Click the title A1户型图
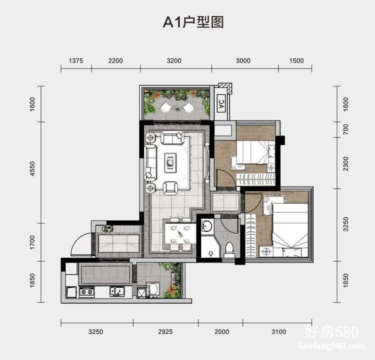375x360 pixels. pos(193,23)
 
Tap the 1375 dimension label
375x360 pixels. pos(76,61)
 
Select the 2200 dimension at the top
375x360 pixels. pos(116,61)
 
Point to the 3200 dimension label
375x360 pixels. pos(174,61)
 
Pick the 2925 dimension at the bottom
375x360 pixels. pos(165,332)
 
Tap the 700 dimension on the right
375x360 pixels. pos(346,130)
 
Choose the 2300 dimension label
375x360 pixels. pos(346,164)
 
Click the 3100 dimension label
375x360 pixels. pos(278,332)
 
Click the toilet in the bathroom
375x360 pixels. pos(229,250)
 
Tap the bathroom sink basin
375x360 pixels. pos(206,226)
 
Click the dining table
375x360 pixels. pos(180,233)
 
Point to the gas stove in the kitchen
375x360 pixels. pos(87,292)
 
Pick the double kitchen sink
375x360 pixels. pos(117,292)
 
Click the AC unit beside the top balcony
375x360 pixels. pos(222,104)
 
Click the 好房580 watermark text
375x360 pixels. pos(332,332)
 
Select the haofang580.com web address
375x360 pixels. pos(331,346)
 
